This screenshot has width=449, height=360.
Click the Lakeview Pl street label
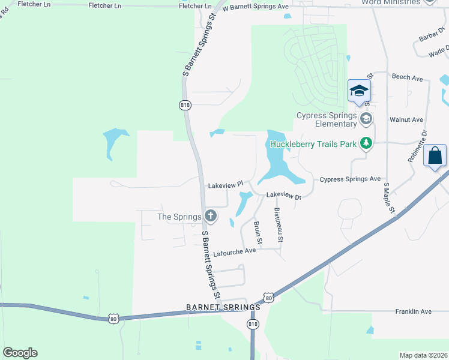coord(225,185)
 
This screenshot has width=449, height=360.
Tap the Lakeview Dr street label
coord(283,195)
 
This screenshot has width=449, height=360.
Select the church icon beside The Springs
coord(210,215)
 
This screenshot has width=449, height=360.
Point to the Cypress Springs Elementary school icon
coord(366,119)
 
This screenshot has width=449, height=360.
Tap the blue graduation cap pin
coord(359,92)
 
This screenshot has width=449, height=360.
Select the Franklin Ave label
coord(413,311)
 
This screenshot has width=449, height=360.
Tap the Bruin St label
coord(258,233)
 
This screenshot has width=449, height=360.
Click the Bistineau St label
coord(279,224)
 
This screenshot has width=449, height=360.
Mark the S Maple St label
coord(388,199)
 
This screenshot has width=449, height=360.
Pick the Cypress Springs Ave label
coord(350,179)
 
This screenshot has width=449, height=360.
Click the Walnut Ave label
coord(406,120)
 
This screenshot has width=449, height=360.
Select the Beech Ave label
coord(408,77)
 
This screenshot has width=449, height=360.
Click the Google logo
coord(20,353)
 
